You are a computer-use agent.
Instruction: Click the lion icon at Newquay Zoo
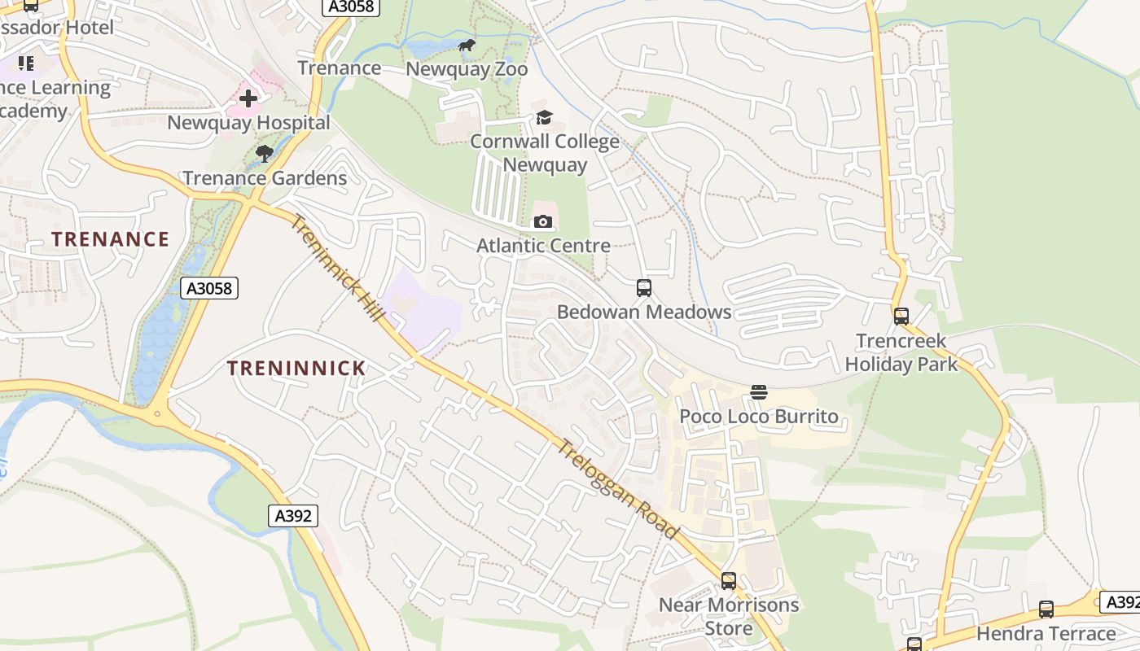(x=467, y=46)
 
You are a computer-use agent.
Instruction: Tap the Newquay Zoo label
(x=467, y=69)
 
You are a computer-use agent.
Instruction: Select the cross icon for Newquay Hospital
(x=248, y=98)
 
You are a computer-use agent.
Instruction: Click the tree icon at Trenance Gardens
(x=264, y=153)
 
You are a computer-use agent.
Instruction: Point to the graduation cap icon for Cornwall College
(x=544, y=118)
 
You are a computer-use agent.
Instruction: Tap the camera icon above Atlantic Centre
(x=543, y=221)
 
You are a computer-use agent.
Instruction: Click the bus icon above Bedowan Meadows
(x=644, y=287)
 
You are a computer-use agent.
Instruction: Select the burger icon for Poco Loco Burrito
(x=759, y=392)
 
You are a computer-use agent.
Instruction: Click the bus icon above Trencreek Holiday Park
(x=901, y=317)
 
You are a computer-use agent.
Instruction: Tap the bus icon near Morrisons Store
(x=729, y=581)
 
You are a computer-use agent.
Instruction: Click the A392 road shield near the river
(x=292, y=515)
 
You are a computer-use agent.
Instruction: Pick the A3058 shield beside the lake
(x=208, y=288)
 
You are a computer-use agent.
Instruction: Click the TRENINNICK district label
(x=296, y=369)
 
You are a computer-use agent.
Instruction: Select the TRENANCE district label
(x=111, y=239)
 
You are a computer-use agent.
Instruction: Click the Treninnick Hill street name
(x=338, y=269)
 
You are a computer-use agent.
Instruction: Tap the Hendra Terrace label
(x=1046, y=633)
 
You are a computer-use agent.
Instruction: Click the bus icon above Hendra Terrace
(x=1046, y=609)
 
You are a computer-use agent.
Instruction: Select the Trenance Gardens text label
(x=265, y=178)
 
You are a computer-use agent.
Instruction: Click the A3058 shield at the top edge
(x=352, y=7)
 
